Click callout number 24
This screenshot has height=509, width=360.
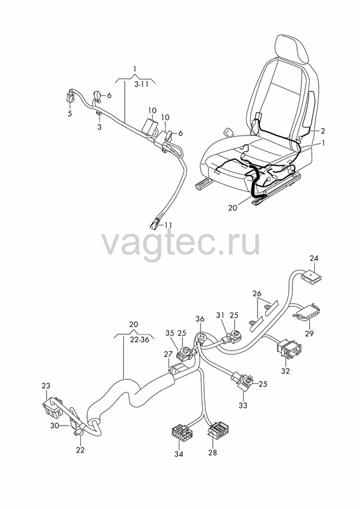point(314,258)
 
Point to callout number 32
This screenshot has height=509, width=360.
point(286,371)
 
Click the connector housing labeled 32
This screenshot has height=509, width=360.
point(288,349)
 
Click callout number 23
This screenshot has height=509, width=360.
point(46,386)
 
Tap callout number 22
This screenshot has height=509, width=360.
point(80,450)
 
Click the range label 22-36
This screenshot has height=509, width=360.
point(139,340)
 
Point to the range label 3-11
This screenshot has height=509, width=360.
point(141,85)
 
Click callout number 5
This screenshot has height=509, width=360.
point(70,114)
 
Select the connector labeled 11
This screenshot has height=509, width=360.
point(155,223)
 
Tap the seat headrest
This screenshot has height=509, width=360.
point(291,49)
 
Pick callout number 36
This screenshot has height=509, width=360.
point(200,319)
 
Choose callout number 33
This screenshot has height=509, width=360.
point(243,405)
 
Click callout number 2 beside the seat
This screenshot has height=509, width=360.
point(322,131)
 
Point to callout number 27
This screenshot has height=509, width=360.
point(168,354)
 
